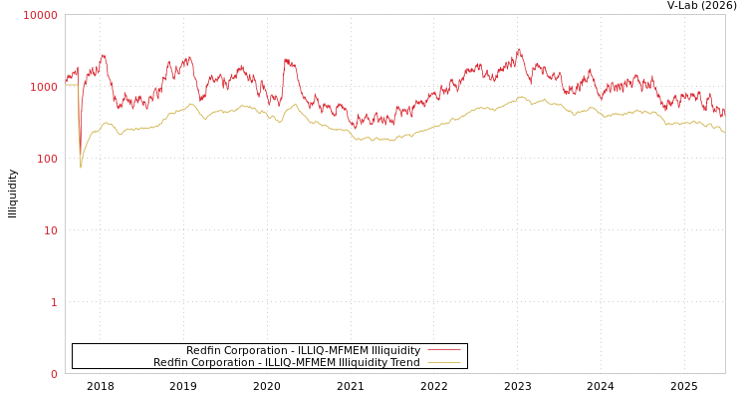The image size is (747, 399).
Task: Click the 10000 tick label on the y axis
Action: [41, 15]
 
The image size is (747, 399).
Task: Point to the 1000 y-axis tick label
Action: [44, 87]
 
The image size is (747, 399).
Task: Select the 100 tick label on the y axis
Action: [47, 159]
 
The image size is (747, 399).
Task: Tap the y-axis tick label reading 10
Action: [50, 230]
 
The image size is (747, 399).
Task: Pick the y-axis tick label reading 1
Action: [54, 302]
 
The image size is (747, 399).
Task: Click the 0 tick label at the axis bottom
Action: [54, 374]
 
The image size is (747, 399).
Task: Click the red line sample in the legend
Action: [444, 350]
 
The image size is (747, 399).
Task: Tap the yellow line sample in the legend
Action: [444, 363]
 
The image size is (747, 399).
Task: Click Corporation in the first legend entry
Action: [256, 350]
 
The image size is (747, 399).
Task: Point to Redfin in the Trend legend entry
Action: [170, 363]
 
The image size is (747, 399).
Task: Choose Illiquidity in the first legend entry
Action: [395, 350]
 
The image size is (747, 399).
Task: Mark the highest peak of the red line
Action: [519, 50]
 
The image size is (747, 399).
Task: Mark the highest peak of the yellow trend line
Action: [520, 97]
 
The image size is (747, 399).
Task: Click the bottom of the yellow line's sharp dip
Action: [81, 167]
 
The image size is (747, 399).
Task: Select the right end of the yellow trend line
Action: [724, 132]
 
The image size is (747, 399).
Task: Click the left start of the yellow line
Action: [66, 85]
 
